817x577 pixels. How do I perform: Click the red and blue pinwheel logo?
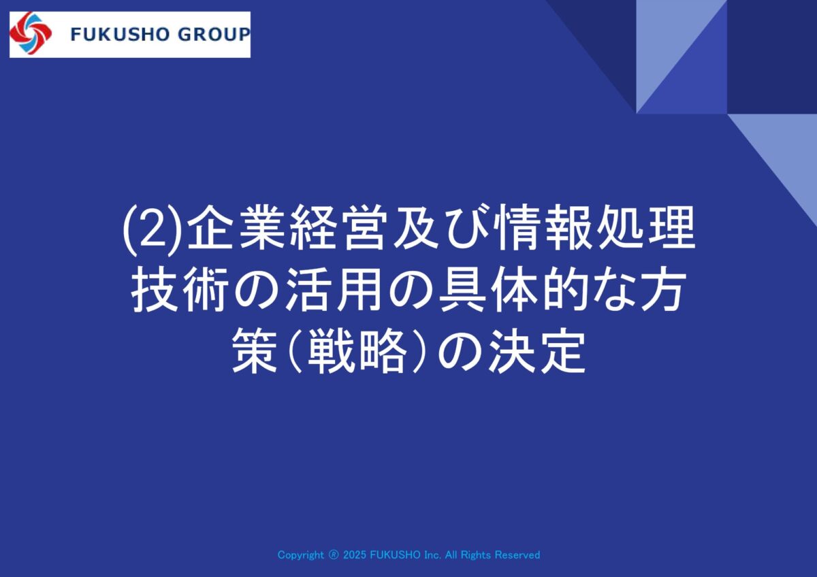tap(31, 33)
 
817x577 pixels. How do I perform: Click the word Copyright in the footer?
tap(300, 555)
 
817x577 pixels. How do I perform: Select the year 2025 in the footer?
tap(355, 555)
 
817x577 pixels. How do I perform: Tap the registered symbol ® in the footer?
tap(334, 555)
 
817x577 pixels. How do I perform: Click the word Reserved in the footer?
tap(517, 555)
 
